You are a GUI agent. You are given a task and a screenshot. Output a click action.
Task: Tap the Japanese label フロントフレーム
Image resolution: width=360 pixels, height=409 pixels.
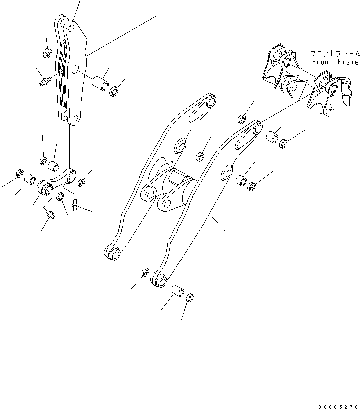335,53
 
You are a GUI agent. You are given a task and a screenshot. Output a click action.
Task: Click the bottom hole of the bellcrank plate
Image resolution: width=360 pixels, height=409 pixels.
75,119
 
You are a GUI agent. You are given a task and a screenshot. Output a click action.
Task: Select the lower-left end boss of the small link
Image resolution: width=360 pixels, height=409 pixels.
46,189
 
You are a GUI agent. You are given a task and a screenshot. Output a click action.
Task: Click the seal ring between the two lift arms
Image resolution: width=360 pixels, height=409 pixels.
200,157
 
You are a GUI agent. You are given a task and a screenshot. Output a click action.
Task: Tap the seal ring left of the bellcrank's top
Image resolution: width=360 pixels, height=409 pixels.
48,53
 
